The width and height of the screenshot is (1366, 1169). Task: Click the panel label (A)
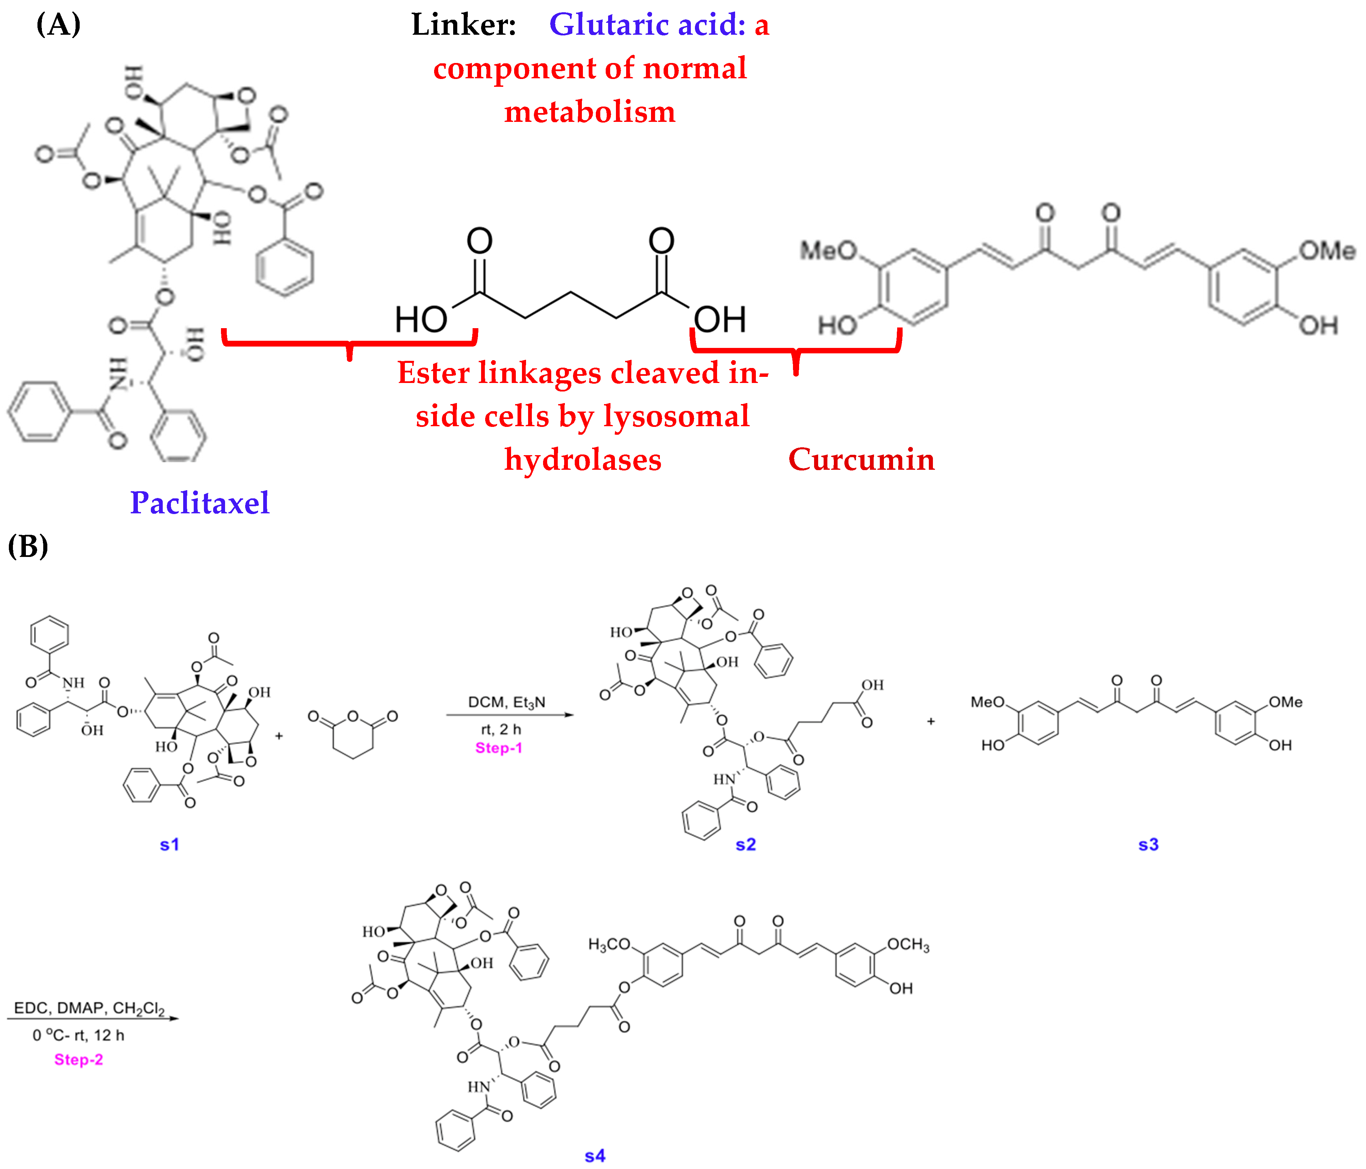tap(59, 25)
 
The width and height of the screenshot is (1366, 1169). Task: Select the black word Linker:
tap(463, 25)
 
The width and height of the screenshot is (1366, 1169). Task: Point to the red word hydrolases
tap(583, 460)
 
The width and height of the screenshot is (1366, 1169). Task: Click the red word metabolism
tap(589, 111)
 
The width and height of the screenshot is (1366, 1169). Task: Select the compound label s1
tap(170, 845)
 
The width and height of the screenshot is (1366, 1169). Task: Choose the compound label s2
tap(746, 845)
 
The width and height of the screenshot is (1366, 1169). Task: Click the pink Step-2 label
tap(78, 1059)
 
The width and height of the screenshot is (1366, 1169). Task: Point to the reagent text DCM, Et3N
tap(506, 702)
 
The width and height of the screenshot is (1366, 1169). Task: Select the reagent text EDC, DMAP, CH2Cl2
tap(89, 1008)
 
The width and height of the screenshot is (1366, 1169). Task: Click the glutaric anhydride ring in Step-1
tap(353, 735)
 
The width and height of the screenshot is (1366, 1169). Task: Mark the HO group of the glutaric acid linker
tap(420, 320)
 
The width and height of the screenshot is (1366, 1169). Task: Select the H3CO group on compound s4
tap(609, 945)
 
